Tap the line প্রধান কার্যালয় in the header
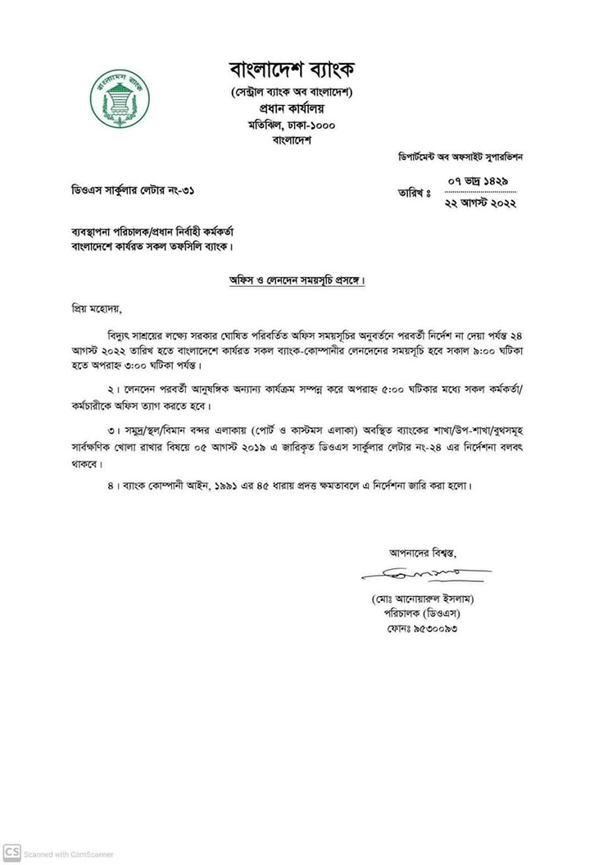coord(292,107)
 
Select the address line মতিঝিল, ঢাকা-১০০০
coord(292,125)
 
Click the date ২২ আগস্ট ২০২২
coord(480,203)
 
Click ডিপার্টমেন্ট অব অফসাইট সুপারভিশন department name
coord(460,156)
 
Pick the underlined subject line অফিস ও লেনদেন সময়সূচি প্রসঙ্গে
coord(296,280)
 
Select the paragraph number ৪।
coord(114,486)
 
